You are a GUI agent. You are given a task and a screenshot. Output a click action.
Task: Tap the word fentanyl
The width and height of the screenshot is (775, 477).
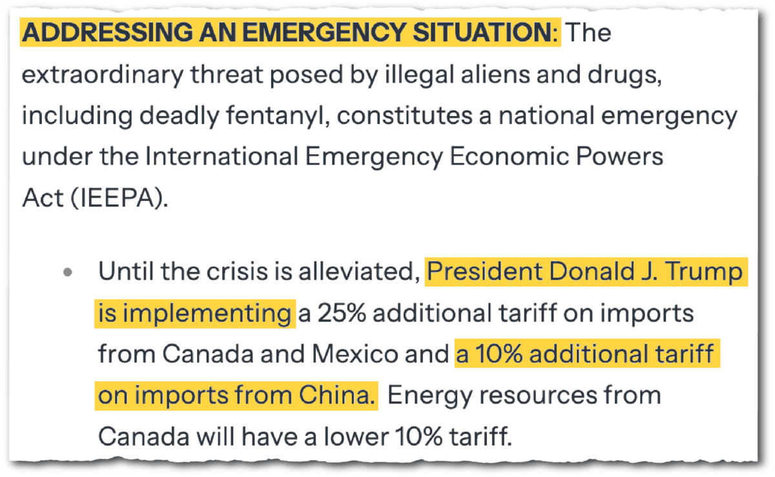(270, 116)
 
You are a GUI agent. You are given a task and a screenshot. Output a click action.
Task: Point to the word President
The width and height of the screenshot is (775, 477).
(486, 272)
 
